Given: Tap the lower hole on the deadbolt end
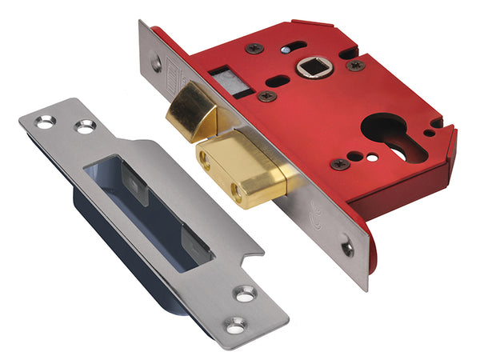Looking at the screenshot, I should (238, 191).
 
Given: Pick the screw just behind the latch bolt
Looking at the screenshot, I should (266, 96).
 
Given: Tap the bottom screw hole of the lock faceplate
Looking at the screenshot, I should (348, 249).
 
